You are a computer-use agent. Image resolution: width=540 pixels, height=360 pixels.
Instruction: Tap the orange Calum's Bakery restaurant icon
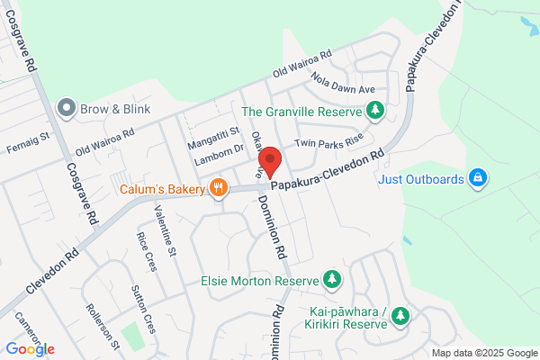pyautogui.click(x=217, y=189)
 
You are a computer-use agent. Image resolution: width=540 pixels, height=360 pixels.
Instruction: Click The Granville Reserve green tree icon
pyautogui.click(x=375, y=112)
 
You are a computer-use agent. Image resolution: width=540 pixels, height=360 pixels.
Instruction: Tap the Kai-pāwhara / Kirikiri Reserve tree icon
pyautogui.click(x=400, y=316)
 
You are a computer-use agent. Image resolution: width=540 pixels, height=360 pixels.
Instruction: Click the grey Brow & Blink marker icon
pyautogui.click(x=66, y=109)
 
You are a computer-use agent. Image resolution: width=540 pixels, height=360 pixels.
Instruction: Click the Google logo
pyautogui.click(x=30, y=349)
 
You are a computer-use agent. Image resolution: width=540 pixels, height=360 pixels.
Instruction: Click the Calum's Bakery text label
pyautogui.click(x=163, y=190)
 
